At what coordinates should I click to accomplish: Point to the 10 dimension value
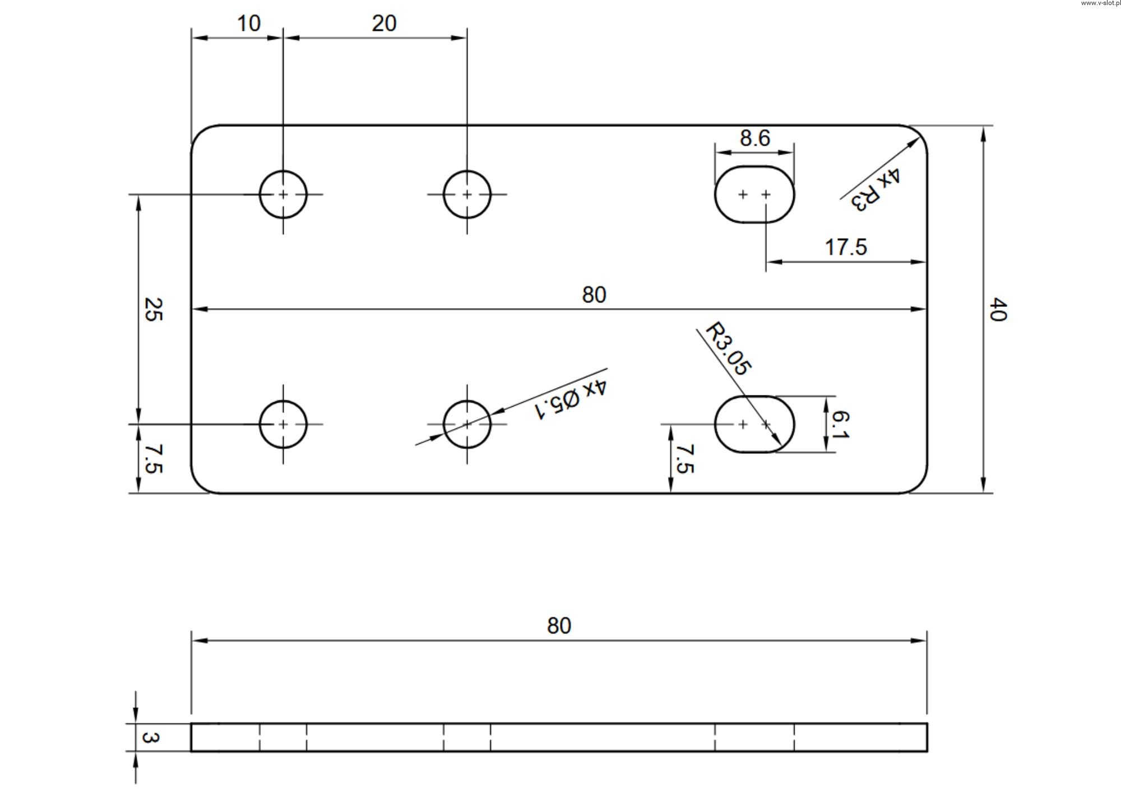click(x=248, y=24)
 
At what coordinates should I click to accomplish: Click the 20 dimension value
click(x=384, y=24)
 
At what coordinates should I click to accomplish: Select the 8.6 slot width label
click(x=755, y=138)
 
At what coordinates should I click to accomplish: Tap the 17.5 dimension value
click(x=846, y=247)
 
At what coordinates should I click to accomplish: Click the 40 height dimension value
click(x=998, y=309)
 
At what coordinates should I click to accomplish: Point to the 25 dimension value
click(x=153, y=309)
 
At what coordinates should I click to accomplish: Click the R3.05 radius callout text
click(x=728, y=348)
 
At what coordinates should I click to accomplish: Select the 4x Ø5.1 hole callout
click(x=569, y=399)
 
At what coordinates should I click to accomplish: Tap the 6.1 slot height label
click(x=840, y=424)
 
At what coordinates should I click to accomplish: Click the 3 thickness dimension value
click(x=150, y=737)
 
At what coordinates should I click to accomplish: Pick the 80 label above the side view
click(x=559, y=626)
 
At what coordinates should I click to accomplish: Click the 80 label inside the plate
click(x=594, y=295)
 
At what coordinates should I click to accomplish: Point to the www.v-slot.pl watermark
click(x=1100, y=3)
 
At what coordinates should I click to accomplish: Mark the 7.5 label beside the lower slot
click(x=685, y=459)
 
